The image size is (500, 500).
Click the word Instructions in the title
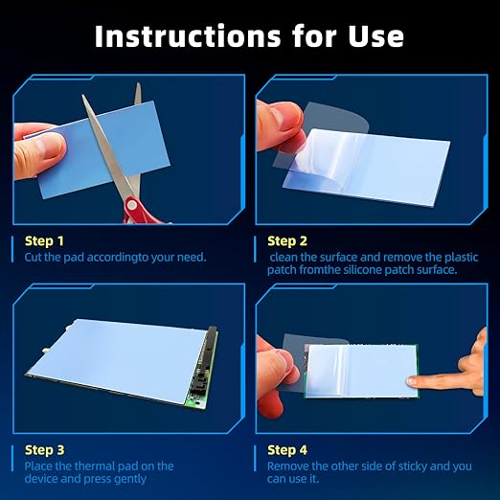pyautogui.click(x=188, y=36)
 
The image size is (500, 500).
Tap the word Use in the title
pyautogui.click(x=375, y=36)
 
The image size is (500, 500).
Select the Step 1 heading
pyautogui.click(x=44, y=241)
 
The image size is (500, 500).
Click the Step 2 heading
pyautogui.click(x=287, y=241)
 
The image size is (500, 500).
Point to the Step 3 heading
pyautogui.click(x=44, y=450)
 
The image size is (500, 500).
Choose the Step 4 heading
pyautogui.click(x=287, y=450)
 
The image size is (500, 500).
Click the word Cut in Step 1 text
pyautogui.click(x=34, y=258)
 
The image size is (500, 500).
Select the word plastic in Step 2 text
pyautogui.click(x=462, y=258)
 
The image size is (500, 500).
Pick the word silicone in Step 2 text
pyautogui.click(x=362, y=270)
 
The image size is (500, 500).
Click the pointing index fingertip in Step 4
pyautogui.click(x=412, y=380)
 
